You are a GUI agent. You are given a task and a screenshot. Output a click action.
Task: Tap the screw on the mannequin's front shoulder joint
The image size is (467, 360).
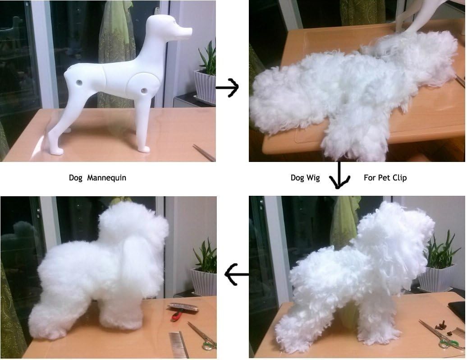[x=145, y=90]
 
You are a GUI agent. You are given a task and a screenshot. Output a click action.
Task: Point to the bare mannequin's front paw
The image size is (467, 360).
[x=143, y=148]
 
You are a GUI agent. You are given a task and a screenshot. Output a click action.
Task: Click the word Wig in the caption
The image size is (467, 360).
[x=312, y=178]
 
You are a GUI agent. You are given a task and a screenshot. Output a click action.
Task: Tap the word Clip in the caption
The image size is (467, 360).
[x=398, y=178]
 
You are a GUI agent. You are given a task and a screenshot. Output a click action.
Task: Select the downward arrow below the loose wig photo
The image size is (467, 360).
[x=339, y=176]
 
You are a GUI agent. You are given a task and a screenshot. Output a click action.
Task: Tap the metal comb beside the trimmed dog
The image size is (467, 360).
[x=179, y=345]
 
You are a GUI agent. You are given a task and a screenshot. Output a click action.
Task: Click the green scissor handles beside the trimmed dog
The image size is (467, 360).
[x=208, y=345]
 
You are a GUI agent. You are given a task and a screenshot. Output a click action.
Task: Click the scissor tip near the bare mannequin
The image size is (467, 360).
[x=204, y=152]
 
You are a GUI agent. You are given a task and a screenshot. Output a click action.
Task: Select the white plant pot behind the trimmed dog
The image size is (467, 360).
[x=204, y=282]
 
